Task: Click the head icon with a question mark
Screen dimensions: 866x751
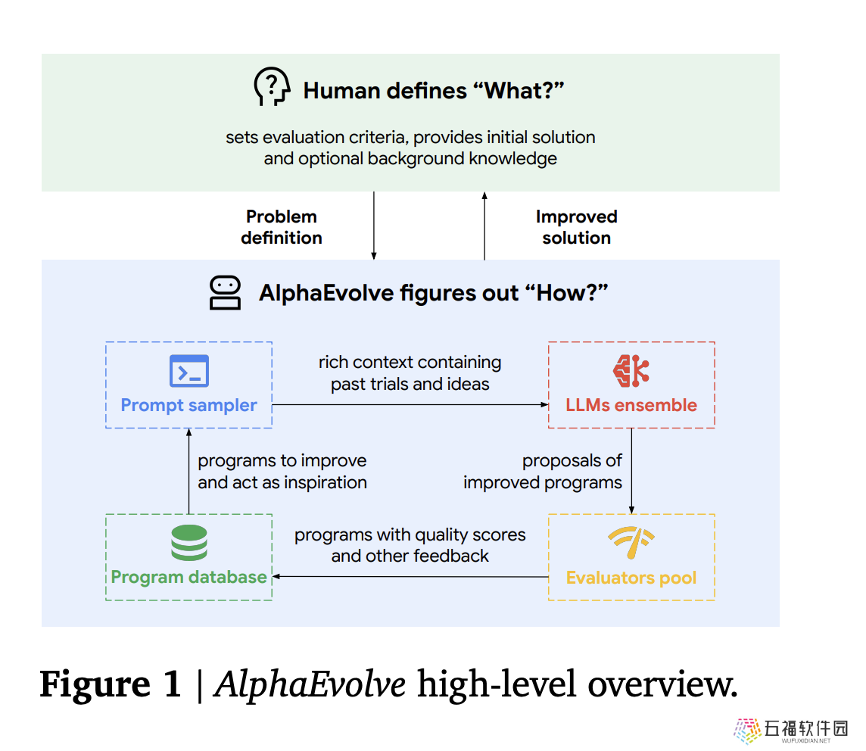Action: click(272, 86)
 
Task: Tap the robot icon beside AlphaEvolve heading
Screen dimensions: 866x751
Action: click(225, 293)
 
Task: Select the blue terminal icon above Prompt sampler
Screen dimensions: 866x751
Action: click(189, 370)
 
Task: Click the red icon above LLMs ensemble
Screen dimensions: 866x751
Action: click(631, 370)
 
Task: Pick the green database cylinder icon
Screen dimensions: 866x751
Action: click(189, 542)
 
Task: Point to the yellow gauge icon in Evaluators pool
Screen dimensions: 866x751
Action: click(631, 542)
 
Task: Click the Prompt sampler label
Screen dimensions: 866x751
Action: click(189, 405)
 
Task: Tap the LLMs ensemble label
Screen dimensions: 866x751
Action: click(631, 405)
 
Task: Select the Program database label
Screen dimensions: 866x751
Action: click(189, 577)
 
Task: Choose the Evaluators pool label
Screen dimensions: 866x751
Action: click(631, 578)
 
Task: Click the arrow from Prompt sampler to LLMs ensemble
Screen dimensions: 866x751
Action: click(410, 405)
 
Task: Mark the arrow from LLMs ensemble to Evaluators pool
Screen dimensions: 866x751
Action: click(632, 471)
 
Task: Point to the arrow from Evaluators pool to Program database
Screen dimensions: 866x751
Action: click(410, 577)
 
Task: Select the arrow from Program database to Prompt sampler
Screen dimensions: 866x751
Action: click(189, 471)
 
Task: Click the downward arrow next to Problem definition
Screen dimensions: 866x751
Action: click(374, 226)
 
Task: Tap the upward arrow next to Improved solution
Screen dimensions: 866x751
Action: click(484, 226)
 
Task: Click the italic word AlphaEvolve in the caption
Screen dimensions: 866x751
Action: click(310, 684)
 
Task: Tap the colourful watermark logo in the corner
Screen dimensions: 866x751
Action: click(748, 731)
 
